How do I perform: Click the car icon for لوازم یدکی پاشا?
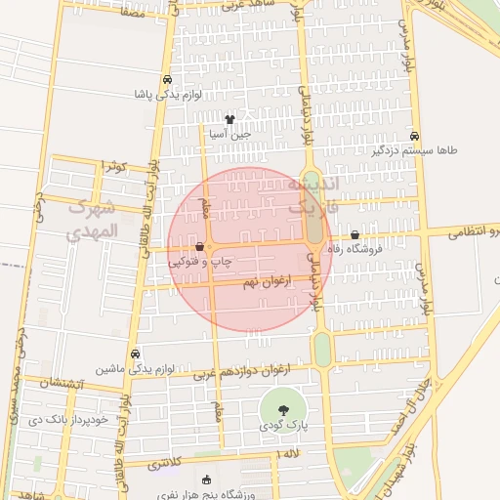167,80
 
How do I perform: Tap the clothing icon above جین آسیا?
229,119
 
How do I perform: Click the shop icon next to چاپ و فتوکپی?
199,248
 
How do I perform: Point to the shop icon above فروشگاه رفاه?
354,235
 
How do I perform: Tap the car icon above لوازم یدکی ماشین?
135,354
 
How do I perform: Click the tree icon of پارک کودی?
284,410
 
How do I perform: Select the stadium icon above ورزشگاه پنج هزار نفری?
205,479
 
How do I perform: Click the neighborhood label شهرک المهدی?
93,221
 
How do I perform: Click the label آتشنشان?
61,385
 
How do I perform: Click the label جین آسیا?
231,135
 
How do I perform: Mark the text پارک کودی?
284,427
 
